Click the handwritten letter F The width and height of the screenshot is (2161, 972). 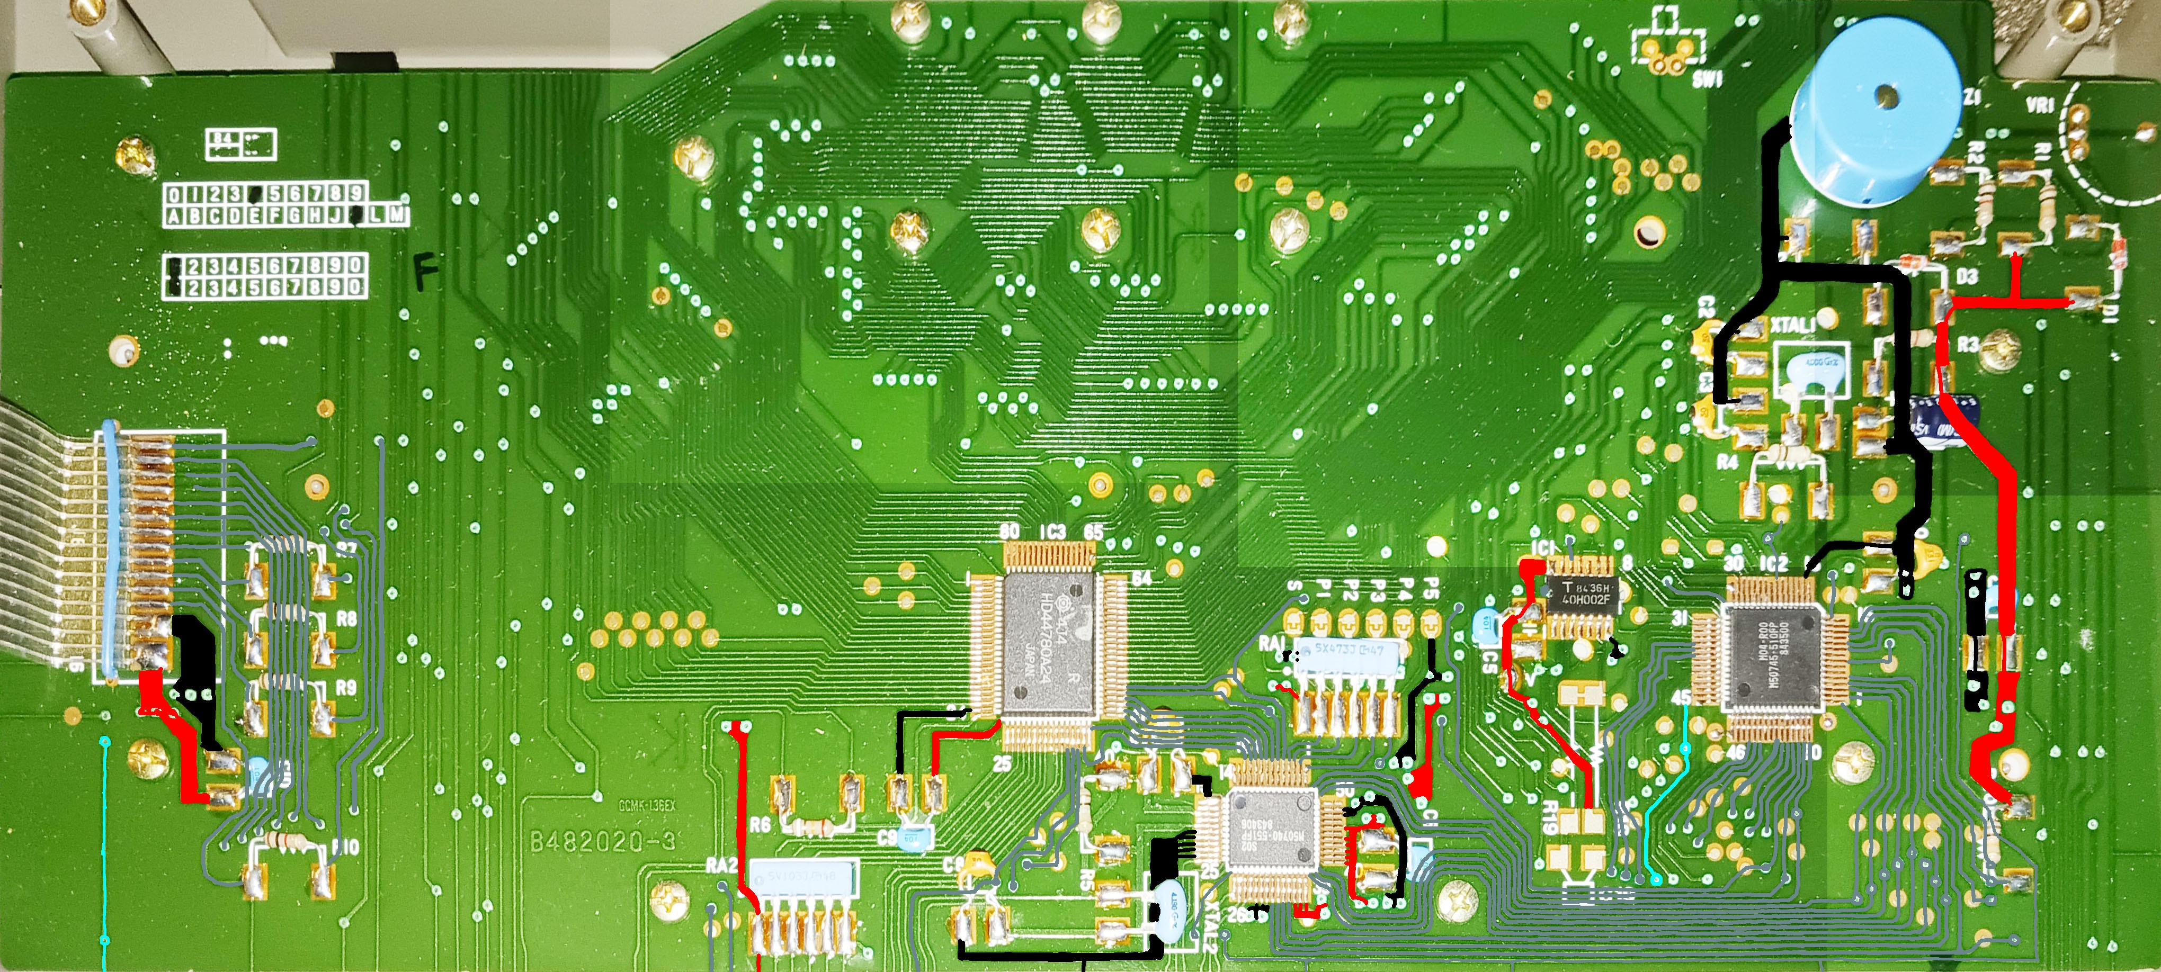click(x=426, y=273)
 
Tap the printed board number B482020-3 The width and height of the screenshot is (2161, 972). click(x=602, y=842)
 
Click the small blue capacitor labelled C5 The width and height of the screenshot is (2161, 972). click(x=1484, y=624)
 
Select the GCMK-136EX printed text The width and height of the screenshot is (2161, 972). click(x=647, y=806)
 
